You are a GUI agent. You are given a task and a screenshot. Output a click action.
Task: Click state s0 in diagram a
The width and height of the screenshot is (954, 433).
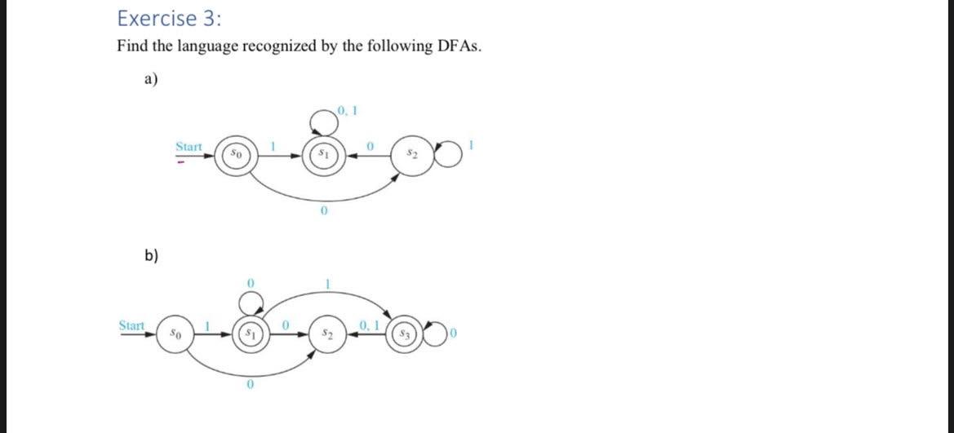pos(234,153)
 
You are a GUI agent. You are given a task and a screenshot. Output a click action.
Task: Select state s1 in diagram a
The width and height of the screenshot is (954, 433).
pos(324,153)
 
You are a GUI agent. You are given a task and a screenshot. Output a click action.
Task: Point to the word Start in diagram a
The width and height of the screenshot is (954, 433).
pos(189,146)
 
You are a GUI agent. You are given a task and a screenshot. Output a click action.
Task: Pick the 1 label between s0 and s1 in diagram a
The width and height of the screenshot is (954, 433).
pos(275,145)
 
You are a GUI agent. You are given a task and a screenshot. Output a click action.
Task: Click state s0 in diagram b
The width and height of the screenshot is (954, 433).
pos(172,334)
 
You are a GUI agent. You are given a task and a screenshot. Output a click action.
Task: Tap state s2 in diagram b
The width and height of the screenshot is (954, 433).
pos(326,334)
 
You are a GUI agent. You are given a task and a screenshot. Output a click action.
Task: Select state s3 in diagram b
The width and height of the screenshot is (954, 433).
pos(402,334)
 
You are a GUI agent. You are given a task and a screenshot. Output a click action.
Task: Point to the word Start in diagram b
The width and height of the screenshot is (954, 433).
pos(132,326)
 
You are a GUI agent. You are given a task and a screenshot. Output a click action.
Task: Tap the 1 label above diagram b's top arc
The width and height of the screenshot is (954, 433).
pos(328,283)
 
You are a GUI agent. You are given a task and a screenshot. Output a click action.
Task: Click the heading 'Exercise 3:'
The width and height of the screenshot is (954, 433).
pos(157,18)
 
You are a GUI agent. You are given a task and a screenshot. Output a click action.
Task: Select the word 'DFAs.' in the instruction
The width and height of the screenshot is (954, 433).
pos(459,46)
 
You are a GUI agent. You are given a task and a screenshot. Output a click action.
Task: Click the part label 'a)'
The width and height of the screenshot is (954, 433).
pos(151,79)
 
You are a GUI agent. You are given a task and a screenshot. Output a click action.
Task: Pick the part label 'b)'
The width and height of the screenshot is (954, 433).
pos(152,255)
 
